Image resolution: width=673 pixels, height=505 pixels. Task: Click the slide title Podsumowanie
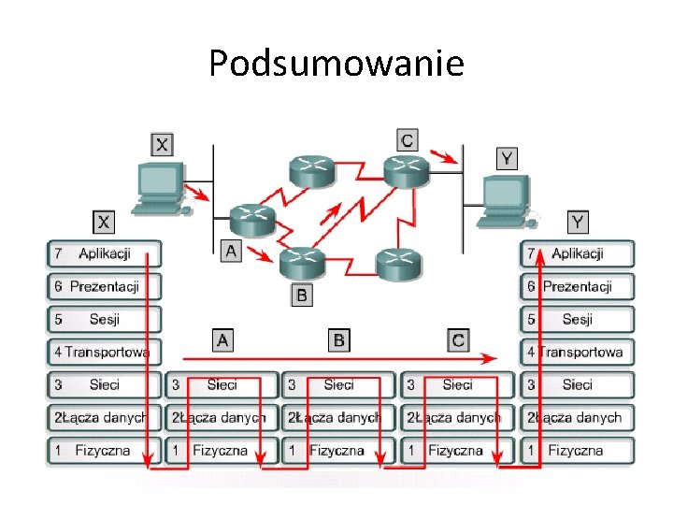coord(336,64)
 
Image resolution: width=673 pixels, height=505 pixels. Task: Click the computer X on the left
coord(159,186)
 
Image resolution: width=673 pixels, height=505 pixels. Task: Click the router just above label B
coord(301,262)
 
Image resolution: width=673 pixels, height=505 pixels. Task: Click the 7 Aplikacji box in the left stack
coord(104,253)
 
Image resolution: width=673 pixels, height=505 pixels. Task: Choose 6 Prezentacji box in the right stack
coord(577,286)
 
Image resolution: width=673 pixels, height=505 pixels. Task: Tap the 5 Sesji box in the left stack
coord(104,319)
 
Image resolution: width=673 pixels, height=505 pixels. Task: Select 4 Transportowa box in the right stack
coord(577,352)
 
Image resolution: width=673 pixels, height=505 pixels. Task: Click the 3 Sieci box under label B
coord(339,384)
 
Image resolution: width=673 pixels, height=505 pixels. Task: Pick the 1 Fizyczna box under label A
coord(222,450)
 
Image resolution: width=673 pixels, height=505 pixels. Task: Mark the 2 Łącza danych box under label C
coord(457,417)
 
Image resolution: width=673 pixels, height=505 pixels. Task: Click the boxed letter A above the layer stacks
coord(222,339)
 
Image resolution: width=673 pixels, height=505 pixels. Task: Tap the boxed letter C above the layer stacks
coord(457,339)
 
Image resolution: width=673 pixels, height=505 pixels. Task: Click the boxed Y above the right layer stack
coord(579,222)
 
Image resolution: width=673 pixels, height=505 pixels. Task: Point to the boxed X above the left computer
coord(162,144)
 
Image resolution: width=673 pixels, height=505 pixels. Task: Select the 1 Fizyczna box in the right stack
coord(577,450)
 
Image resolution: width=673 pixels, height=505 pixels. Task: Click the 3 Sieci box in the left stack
coord(104,384)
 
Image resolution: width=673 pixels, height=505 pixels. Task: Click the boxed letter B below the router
coord(301,296)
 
